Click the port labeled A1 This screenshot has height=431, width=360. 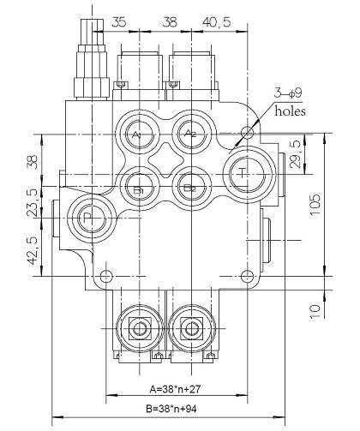point(140,134)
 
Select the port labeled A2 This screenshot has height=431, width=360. point(192,133)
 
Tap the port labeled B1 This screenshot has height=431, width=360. point(140,188)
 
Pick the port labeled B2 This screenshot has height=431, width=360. point(191,188)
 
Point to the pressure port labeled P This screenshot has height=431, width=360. point(92,218)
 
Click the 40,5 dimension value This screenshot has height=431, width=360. point(216,22)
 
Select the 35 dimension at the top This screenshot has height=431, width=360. point(118,22)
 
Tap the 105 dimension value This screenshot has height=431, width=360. point(315,205)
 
